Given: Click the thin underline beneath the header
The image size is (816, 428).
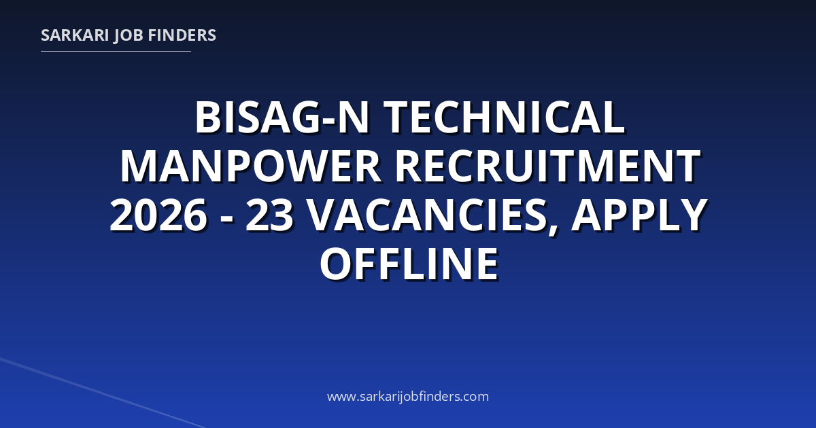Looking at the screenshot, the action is pyautogui.click(x=116, y=52).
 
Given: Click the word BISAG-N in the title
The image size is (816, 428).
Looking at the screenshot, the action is pyautogui.click(x=283, y=118).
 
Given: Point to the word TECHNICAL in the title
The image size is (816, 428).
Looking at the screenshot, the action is pyautogui.click(x=504, y=118).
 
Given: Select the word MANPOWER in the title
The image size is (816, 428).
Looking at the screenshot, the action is pyautogui.click(x=251, y=166).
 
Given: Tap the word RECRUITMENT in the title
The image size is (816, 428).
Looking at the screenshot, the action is pyautogui.click(x=548, y=166).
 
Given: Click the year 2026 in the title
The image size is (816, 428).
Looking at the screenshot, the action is pyautogui.click(x=158, y=215).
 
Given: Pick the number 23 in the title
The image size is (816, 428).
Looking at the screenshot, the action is pyautogui.click(x=269, y=215).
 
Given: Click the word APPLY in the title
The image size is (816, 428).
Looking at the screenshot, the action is pyautogui.click(x=639, y=215).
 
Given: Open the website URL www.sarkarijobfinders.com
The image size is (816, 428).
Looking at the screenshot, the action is pyautogui.click(x=408, y=396).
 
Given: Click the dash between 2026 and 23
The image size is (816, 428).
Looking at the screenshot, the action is pyautogui.click(x=226, y=220).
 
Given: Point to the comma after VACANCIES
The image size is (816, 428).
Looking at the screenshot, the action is pyautogui.click(x=553, y=230).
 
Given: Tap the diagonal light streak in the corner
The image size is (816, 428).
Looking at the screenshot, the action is pyautogui.click(x=103, y=393).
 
